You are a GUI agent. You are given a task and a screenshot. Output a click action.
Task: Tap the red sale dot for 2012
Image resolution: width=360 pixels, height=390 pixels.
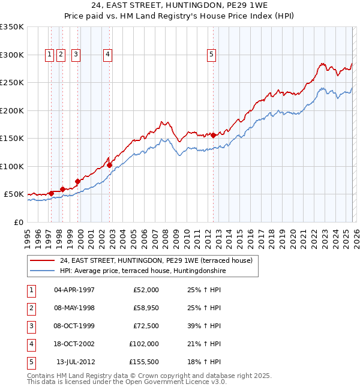(214, 136)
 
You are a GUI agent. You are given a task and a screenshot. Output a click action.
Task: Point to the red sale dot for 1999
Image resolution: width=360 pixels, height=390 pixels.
(77, 181)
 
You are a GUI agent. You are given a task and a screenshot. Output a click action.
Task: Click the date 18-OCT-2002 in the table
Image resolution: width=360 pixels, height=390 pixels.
(74, 344)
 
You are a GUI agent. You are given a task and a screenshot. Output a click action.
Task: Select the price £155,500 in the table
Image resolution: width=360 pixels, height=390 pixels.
(144, 362)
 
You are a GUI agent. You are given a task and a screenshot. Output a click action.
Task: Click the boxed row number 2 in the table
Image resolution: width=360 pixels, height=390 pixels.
(31, 308)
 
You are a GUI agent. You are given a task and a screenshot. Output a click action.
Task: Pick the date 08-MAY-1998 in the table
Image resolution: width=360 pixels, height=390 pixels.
(74, 308)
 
